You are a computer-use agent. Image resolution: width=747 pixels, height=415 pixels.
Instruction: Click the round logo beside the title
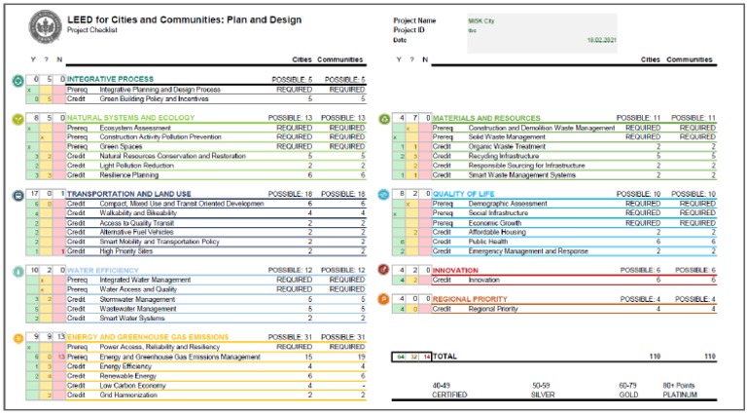[45, 25]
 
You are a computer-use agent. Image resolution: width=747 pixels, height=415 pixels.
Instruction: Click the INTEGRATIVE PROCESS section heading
[110, 79]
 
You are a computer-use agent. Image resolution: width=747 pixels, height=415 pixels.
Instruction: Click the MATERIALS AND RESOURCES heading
[485, 118]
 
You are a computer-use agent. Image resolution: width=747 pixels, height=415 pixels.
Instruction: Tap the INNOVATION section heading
[455, 270]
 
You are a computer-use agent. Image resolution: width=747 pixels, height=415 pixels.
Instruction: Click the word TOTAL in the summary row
[445, 358]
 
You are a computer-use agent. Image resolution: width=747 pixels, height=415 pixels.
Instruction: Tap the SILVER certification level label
[542, 396]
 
